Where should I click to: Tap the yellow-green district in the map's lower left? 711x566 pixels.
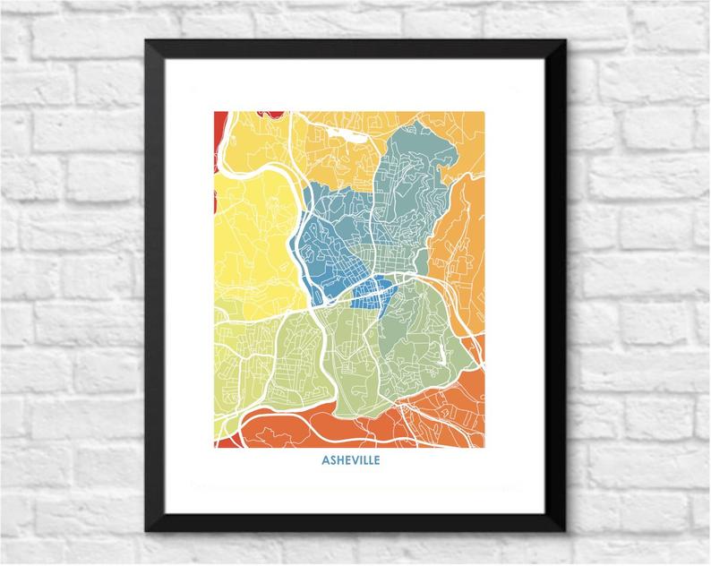click(x=242, y=358)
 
